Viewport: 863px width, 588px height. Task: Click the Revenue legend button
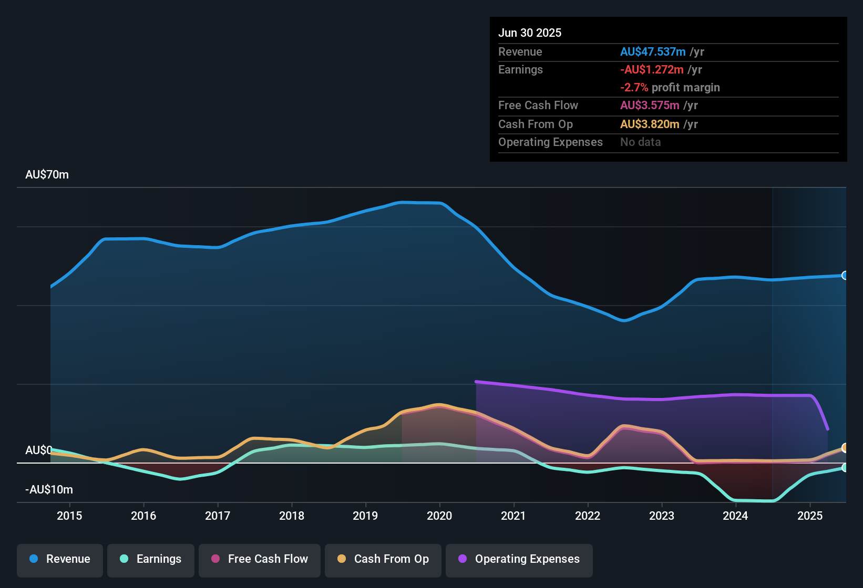click(60, 559)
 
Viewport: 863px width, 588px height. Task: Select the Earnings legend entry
click(151, 559)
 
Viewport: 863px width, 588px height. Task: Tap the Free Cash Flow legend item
click(260, 559)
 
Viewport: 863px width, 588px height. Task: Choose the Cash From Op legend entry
click(383, 559)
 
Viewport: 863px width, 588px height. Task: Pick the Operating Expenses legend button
click(519, 559)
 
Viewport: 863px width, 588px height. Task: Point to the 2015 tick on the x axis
click(69, 516)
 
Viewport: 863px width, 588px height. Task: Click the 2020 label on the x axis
click(439, 516)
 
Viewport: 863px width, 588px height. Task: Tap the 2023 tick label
click(661, 516)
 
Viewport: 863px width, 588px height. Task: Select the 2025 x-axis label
click(809, 516)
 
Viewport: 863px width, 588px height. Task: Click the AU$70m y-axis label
click(47, 175)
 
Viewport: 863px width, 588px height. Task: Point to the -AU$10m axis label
click(49, 490)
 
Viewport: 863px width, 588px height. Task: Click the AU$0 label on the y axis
click(38, 450)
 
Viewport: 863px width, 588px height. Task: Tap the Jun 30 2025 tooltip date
click(529, 33)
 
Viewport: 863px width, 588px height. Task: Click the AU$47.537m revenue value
click(652, 51)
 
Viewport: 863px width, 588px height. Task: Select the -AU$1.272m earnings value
click(651, 69)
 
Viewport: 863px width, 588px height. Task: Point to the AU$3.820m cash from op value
click(650, 124)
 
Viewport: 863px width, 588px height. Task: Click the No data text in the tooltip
click(640, 142)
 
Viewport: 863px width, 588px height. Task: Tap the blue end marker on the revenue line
click(845, 276)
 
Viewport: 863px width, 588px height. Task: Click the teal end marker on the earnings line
click(845, 467)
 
